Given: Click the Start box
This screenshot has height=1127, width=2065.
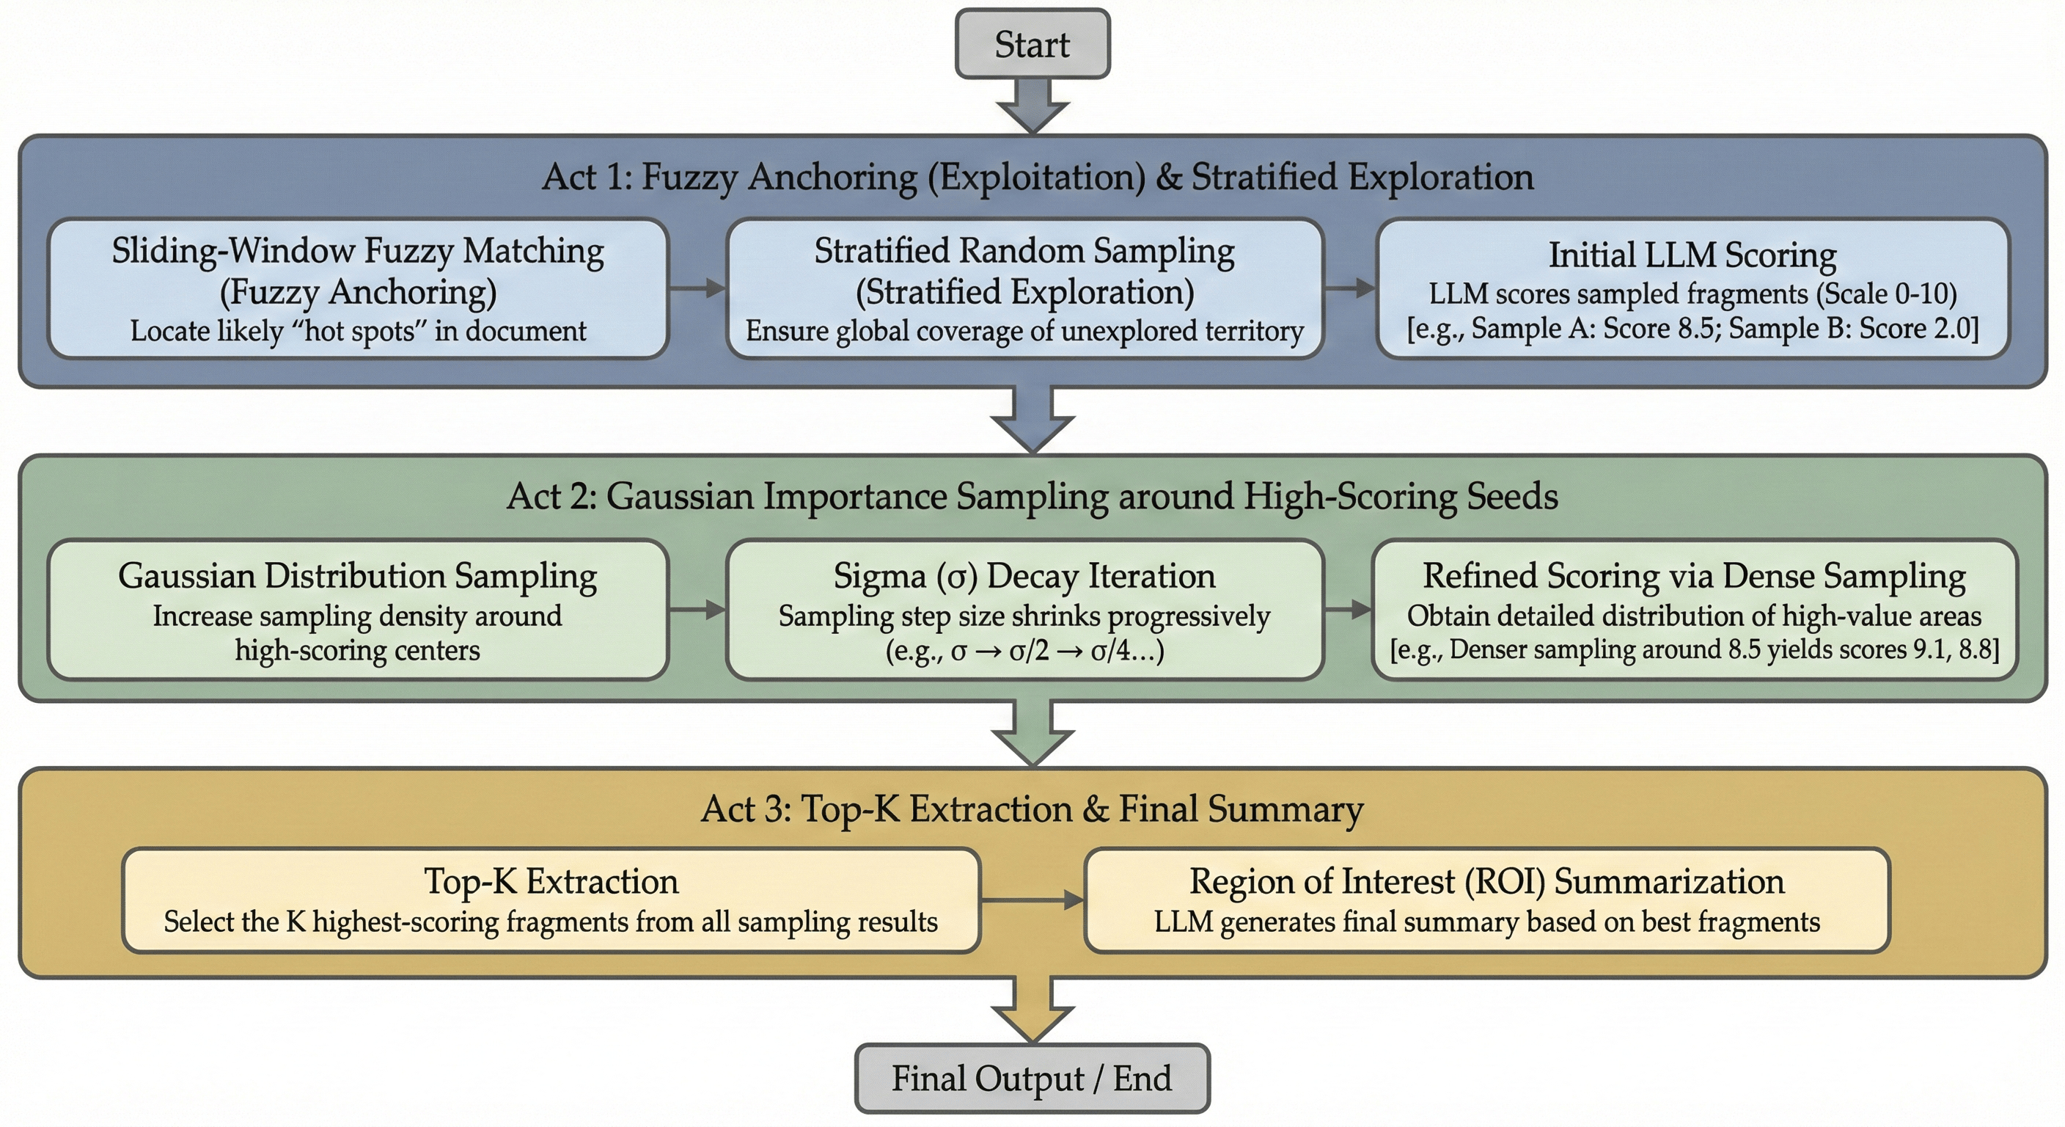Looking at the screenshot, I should [1032, 44].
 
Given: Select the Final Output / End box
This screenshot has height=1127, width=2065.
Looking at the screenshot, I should [1032, 1078].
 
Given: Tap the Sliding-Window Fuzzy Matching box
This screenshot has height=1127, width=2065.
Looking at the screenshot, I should [358, 289].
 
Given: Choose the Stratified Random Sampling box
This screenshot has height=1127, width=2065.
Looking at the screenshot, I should [1024, 289].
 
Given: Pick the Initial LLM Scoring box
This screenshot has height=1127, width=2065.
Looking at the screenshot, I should [1692, 289].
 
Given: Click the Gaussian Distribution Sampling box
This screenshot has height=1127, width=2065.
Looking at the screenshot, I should [358, 610].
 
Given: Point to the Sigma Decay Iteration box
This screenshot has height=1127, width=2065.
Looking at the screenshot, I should [1024, 610].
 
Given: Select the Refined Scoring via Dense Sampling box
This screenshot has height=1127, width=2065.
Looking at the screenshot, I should [1694, 610].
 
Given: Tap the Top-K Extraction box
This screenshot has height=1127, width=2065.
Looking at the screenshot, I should [551, 900].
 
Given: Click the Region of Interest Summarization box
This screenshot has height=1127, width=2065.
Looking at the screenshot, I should [1486, 900].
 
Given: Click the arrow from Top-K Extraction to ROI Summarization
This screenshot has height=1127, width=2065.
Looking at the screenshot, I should [1032, 901].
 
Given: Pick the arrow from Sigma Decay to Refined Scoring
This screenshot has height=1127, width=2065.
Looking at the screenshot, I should [1348, 610].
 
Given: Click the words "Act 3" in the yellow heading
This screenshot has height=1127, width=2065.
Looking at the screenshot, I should [746, 809].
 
